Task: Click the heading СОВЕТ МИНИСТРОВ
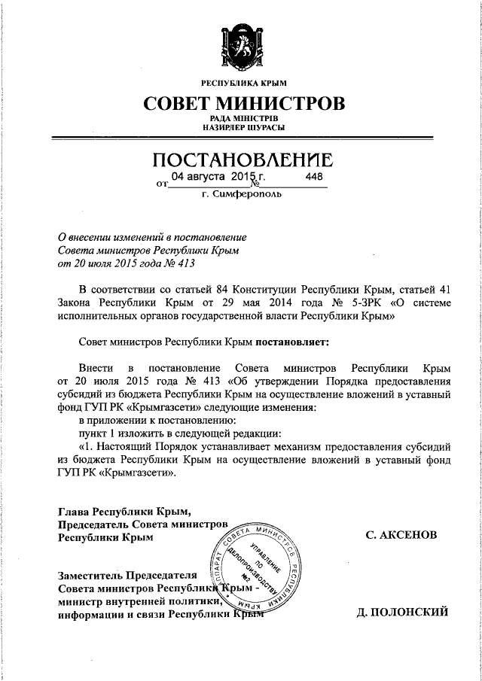(241, 102)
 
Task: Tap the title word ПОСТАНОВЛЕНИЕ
(241, 160)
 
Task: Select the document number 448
(314, 176)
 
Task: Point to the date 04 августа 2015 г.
(215, 176)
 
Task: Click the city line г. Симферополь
(242, 194)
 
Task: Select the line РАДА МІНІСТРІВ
(241, 119)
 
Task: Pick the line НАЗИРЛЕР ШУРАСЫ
(241, 128)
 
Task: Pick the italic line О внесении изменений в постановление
(152, 236)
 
